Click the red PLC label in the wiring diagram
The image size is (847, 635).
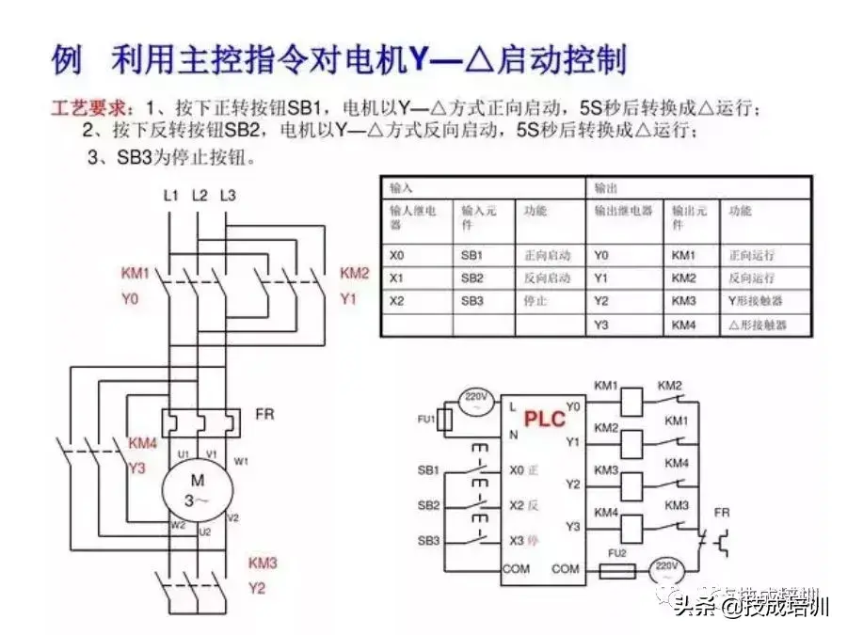545,418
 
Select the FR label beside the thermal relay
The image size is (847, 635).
264,414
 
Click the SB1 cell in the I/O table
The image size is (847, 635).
471,255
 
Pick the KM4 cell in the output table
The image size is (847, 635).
683,325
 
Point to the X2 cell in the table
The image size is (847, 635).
396,301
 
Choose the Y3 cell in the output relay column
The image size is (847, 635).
602,325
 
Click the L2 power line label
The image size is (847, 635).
199,196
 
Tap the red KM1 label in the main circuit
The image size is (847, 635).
136,274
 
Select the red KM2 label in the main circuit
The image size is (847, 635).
354,274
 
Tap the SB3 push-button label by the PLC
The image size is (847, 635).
428,540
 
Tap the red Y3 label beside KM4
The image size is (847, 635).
136,468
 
